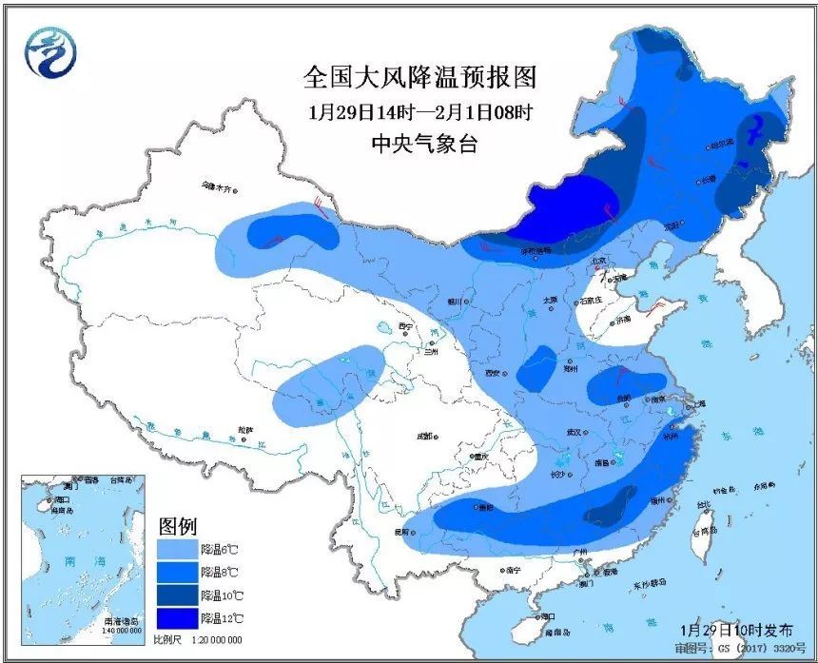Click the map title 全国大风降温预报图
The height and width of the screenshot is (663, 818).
click(x=420, y=77)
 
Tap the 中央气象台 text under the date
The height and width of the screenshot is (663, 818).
click(x=420, y=144)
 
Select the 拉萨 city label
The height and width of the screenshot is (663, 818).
click(x=246, y=430)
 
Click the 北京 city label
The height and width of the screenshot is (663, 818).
click(x=597, y=260)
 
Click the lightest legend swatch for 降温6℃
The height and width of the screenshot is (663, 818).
click(x=178, y=550)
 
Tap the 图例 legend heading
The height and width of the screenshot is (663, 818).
click(x=177, y=526)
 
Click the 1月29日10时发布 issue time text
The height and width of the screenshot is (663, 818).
click(x=736, y=631)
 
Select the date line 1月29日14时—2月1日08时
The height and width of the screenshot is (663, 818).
click(x=420, y=111)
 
